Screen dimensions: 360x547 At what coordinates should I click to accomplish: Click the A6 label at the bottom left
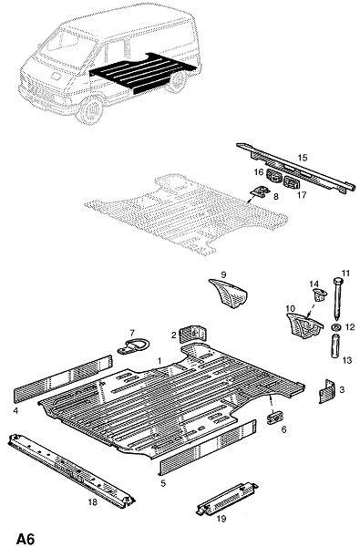(26, 539)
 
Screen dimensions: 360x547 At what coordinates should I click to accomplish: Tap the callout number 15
(303, 158)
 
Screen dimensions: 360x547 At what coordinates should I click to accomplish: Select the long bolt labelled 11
(337, 299)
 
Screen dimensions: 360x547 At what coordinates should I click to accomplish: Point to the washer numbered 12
(336, 327)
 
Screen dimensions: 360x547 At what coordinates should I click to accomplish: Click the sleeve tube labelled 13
(335, 346)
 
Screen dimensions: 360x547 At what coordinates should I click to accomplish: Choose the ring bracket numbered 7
(133, 346)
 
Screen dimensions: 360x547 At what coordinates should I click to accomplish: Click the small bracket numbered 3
(327, 391)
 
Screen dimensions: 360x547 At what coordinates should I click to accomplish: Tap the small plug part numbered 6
(275, 418)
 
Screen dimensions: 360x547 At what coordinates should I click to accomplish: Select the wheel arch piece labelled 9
(229, 294)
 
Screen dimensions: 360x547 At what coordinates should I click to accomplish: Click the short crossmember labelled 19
(227, 500)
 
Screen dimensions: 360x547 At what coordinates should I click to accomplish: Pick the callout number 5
(163, 483)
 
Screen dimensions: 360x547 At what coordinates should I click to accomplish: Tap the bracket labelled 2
(193, 334)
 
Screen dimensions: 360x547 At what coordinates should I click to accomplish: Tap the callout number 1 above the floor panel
(159, 361)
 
